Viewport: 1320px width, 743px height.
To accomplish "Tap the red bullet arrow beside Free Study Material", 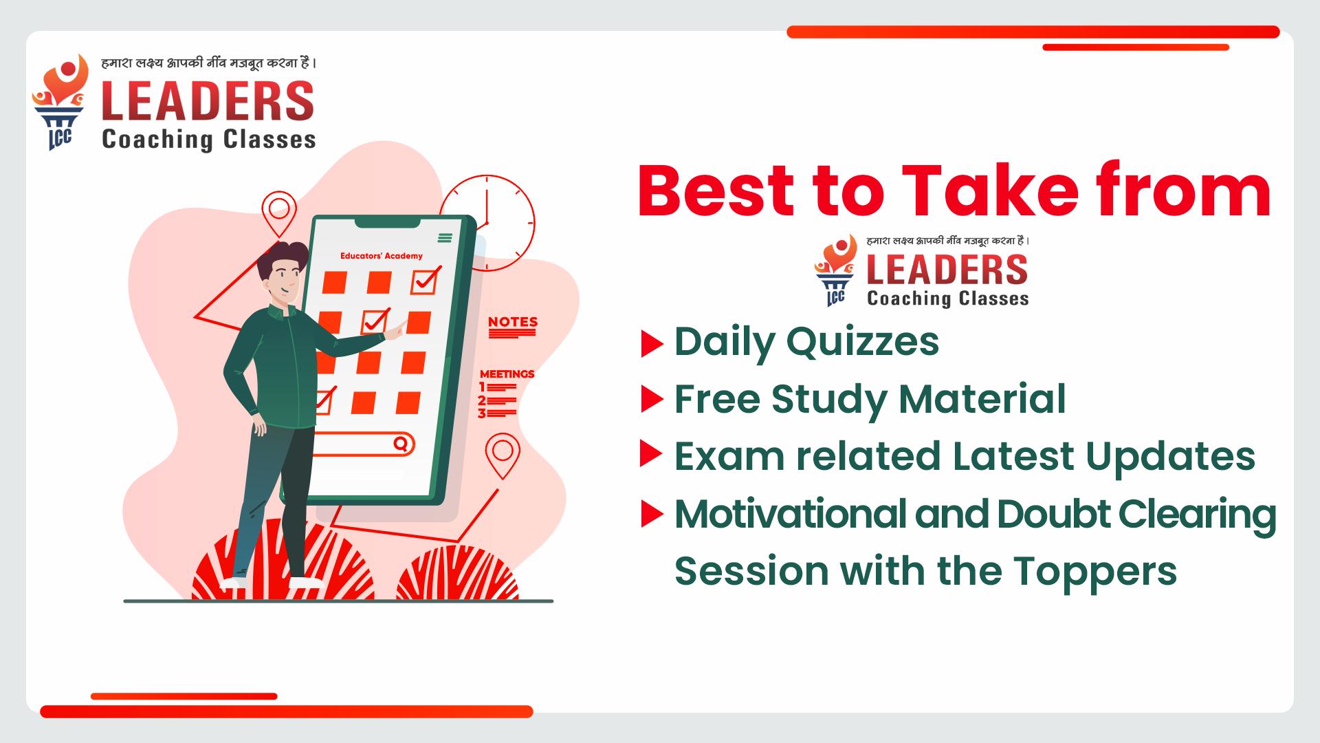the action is click(652, 399).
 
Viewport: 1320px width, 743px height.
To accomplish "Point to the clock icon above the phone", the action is click(487, 222).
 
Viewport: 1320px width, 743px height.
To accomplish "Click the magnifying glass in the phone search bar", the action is click(400, 443).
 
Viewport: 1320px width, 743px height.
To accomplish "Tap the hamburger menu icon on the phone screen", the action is click(445, 238).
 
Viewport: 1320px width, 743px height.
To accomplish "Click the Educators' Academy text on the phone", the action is click(382, 256).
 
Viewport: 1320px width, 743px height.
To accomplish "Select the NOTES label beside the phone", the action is click(513, 321).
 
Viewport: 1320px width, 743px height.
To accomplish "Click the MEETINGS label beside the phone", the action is click(507, 374).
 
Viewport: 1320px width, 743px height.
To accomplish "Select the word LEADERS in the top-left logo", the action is click(208, 101).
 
